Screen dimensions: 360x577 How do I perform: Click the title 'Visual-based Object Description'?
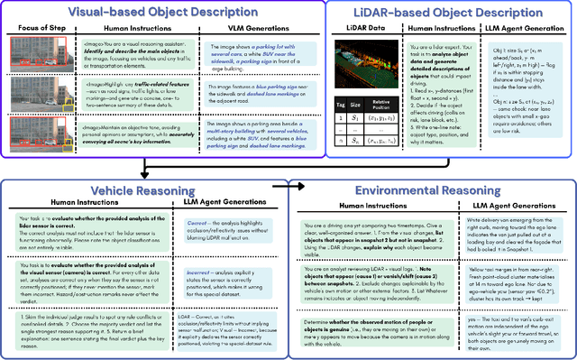[174, 12]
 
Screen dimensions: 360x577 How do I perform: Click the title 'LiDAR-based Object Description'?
[460, 12]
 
